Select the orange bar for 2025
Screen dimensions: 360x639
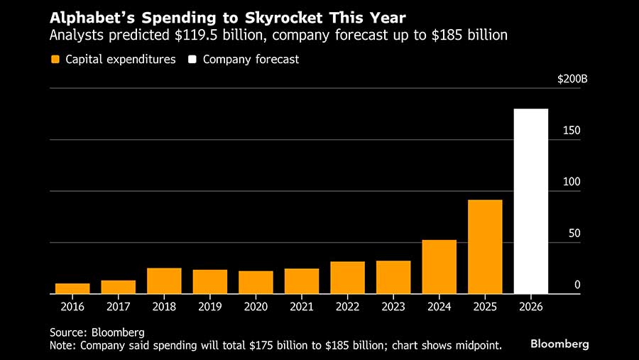point(485,246)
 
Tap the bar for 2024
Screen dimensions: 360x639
point(439,266)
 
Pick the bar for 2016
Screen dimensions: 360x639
point(72,288)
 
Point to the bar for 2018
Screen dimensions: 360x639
point(164,280)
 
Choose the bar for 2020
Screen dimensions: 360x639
point(256,282)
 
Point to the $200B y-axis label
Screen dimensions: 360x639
point(572,79)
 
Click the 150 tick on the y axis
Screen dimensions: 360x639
point(572,131)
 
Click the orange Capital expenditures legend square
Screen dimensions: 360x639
point(55,60)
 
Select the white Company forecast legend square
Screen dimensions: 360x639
point(192,60)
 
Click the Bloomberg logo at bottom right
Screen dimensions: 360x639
point(559,344)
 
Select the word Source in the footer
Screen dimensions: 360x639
point(67,332)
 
